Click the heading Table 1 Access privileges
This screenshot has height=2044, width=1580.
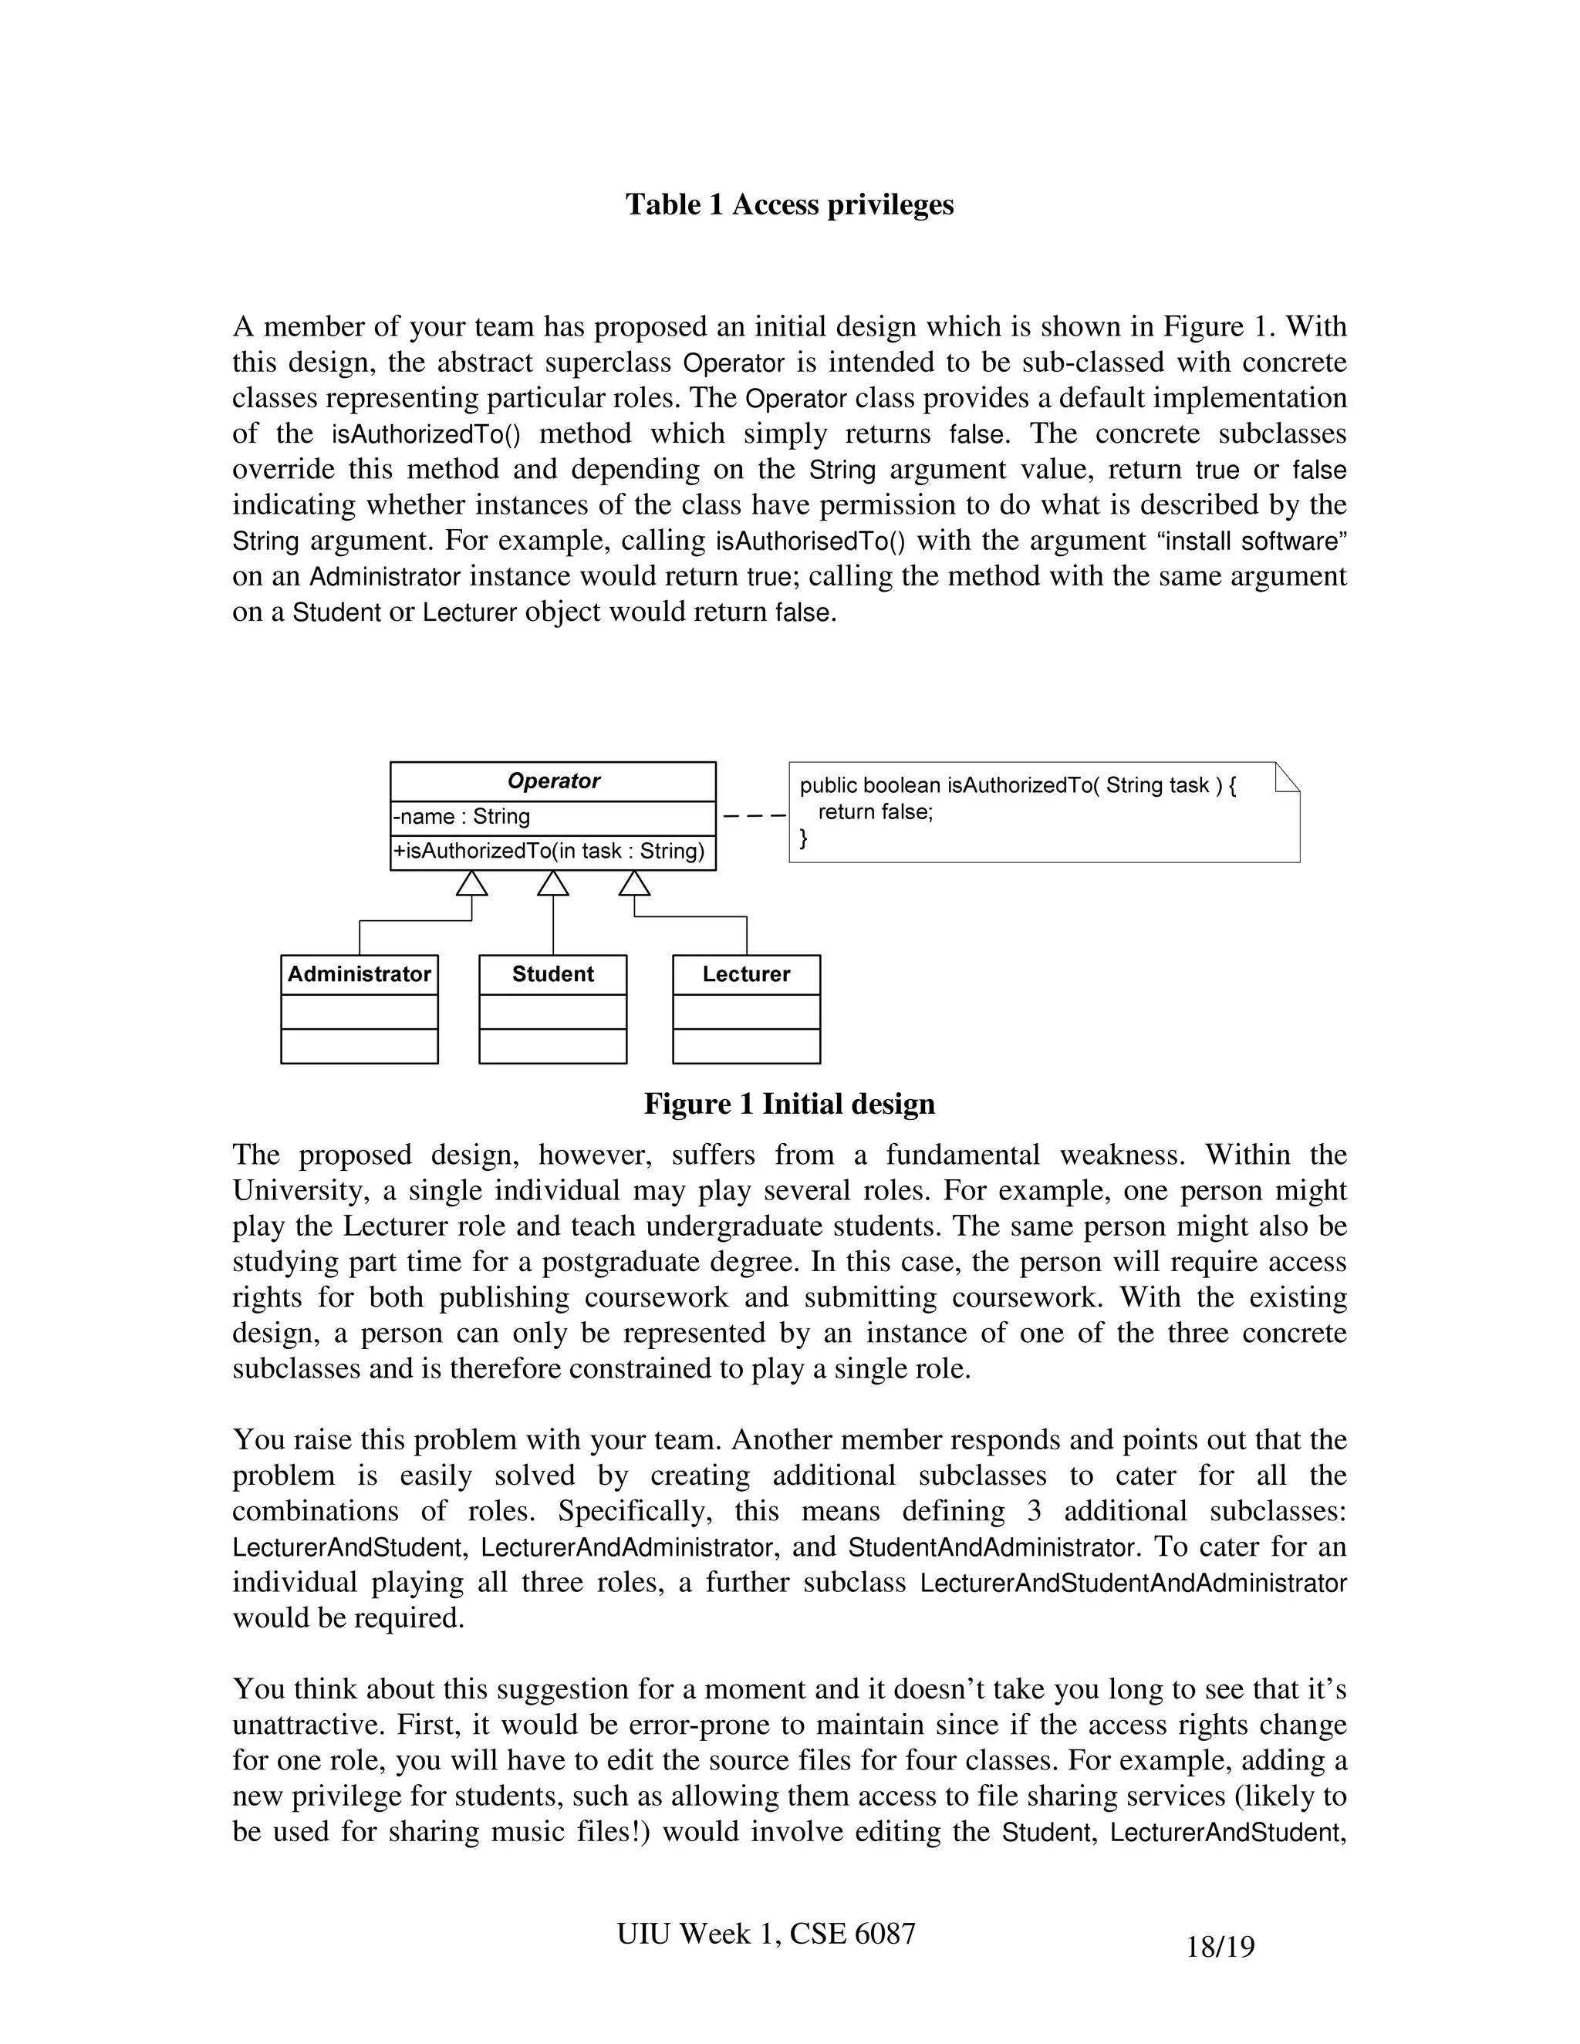coord(789,204)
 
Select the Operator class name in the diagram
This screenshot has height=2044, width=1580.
coord(552,781)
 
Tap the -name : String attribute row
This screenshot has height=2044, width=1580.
coord(461,816)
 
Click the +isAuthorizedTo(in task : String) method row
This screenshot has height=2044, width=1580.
coord(549,851)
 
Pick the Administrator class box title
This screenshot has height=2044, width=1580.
coord(360,973)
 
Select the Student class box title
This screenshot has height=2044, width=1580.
coord(552,973)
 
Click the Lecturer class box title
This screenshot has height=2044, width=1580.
coord(746,973)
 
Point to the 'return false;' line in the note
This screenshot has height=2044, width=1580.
coord(875,811)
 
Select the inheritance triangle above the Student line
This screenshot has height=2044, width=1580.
coord(553,883)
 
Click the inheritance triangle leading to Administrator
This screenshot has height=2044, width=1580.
coord(471,883)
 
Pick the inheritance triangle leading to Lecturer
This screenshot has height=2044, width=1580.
coord(635,883)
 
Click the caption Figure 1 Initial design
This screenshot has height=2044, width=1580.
coord(789,1104)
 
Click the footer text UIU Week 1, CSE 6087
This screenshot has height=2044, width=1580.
coord(765,1933)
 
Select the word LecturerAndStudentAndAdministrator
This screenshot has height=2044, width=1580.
coord(1133,1584)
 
